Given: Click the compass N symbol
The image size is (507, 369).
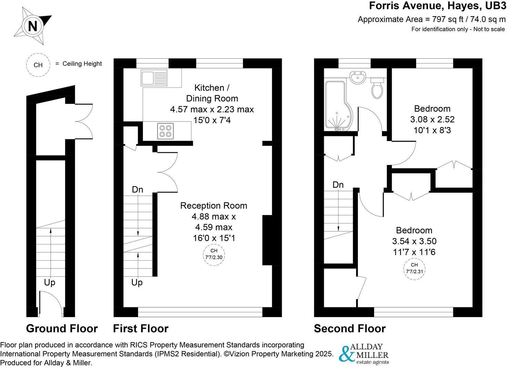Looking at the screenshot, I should point(32,26).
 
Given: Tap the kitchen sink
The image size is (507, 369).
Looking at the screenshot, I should point(154,78).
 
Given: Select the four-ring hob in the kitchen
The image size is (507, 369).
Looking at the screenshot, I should point(165,131).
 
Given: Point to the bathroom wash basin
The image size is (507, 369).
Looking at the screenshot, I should point(358,77).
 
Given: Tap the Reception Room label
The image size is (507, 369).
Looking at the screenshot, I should point(214,206).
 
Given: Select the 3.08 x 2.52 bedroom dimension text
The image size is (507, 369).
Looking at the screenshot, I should point(432,119).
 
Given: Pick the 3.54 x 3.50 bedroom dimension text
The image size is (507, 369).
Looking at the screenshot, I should point(414,241).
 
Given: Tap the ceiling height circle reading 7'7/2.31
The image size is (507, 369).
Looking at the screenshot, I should point(414,268).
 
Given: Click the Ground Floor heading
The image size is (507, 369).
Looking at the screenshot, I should point(62,329).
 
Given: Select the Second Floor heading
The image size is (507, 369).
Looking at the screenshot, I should point(350,329).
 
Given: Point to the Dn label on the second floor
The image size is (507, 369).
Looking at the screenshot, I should point(338,185).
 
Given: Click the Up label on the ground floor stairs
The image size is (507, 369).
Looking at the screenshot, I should point(50,283).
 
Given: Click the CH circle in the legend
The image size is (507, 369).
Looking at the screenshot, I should point(38,65).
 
